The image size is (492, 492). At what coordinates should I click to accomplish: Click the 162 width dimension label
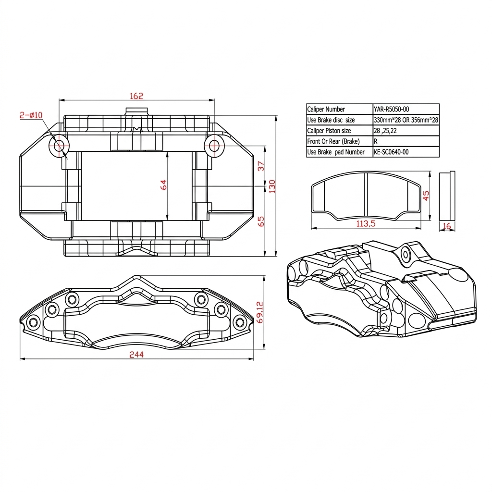coord(136,96)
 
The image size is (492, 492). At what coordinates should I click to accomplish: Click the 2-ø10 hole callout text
coord(31,115)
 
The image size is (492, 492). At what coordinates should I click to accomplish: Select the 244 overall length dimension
coord(136,355)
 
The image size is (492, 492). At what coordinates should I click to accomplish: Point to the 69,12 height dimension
coord(260,312)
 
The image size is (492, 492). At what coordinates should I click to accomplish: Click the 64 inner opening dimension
coord(164,184)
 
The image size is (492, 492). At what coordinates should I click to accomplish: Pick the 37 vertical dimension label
coord(261,166)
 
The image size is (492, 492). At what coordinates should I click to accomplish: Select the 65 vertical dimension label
coord(261,221)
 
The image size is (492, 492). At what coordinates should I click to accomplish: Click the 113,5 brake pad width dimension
coord(366,223)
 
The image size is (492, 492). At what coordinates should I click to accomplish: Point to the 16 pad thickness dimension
coord(447,226)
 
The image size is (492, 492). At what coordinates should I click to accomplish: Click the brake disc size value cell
coord(406,120)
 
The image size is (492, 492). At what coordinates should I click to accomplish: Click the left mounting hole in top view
coord(60,146)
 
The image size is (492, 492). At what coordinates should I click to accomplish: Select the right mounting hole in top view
coord(213,146)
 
